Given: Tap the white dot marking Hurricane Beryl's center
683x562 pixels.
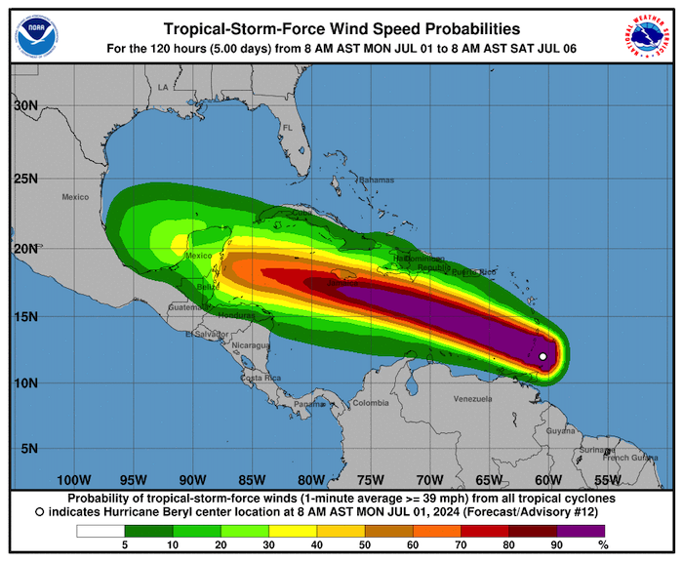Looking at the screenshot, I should point(542,356).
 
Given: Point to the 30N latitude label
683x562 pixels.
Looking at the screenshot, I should point(26,105).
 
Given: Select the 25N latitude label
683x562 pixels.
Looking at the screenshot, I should point(26,179).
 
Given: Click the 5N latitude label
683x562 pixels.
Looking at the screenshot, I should point(30,449).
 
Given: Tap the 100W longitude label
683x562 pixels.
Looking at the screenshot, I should point(73,480).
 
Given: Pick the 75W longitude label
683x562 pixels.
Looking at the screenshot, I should point(370,480).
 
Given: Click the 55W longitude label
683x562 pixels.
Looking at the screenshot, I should point(607,480).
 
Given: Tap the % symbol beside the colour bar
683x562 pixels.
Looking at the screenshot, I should point(602,544).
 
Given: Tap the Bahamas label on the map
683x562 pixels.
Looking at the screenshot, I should point(375,181).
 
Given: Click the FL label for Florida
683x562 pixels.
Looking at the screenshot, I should point(288,128).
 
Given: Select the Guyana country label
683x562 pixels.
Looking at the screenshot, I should point(560,430).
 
